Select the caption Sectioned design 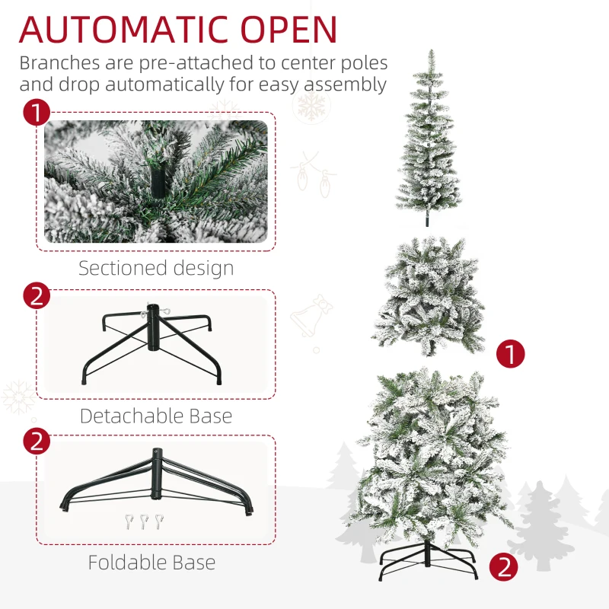156,268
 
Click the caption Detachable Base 156,416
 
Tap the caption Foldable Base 151,563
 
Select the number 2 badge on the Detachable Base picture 37,295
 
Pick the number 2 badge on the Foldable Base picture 37,442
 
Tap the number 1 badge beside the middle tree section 511,353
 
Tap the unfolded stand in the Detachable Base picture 150,343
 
